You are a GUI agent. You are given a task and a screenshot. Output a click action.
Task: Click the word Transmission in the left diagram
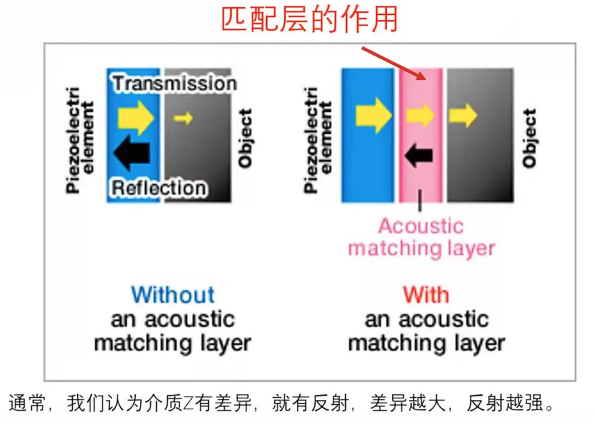tap(175, 83)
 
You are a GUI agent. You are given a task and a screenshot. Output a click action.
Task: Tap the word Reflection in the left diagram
tap(159, 188)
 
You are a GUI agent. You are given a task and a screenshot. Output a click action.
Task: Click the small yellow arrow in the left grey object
tap(184, 117)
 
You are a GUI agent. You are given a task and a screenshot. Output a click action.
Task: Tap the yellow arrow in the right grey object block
tap(462, 116)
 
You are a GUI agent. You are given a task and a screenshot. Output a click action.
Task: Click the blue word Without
tap(173, 295)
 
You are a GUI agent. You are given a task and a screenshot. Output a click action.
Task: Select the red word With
tap(426, 295)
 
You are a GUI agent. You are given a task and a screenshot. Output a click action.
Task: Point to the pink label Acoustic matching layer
tap(421, 237)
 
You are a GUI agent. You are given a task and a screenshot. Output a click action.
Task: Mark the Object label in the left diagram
tap(245, 138)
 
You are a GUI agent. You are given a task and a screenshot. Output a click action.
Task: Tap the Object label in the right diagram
tap(529, 138)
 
